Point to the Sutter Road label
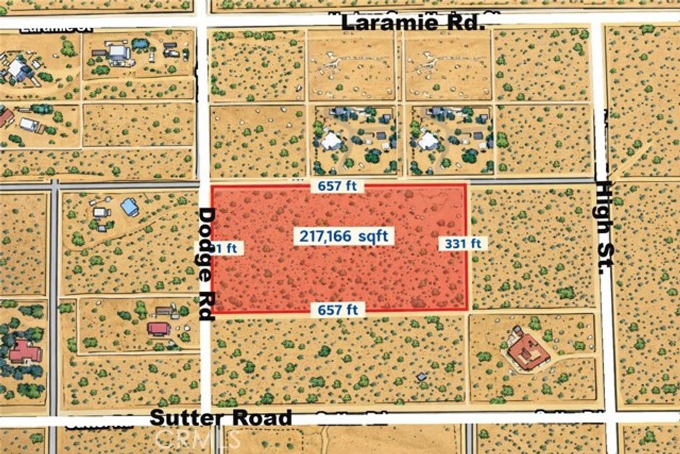click(x=220, y=418)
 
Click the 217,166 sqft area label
click(x=343, y=236)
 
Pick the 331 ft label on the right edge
click(x=463, y=243)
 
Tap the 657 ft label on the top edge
click(x=337, y=186)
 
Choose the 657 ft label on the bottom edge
click(x=337, y=309)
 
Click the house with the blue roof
click(x=129, y=207)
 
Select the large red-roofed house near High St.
click(x=529, y=352)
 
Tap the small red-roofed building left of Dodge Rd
click(x=159, y=328)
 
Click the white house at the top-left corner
click(x=19, y=70)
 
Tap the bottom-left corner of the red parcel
click(x=212, y=312)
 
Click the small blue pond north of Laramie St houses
click(x=140, y=44)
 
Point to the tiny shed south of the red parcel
click(x=421, y=377)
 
